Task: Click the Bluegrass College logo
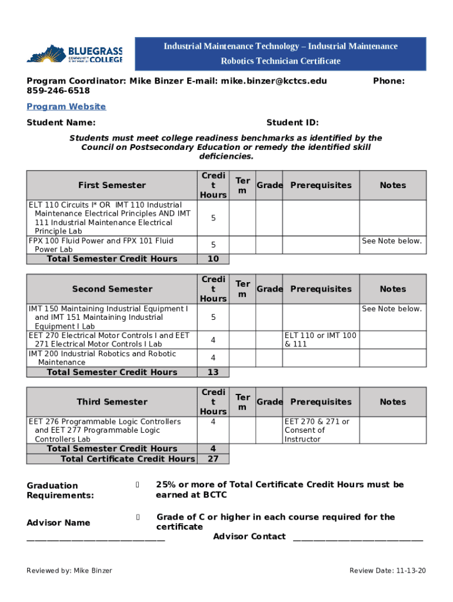click(75, 54)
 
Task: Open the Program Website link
click(66, 106)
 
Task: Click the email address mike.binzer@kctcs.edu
click(274, 81)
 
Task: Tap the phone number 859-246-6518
click(58, 91)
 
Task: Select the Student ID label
click(292, 122)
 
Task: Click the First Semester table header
click(112, 185)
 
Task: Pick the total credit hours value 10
click(213, 259)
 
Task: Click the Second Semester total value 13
click(213, 372)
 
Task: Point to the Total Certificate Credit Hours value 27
click(213, 459)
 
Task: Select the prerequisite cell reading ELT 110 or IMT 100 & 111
click(321, 340)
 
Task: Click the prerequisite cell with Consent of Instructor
click(321, 430)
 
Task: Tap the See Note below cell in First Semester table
click(392, 241)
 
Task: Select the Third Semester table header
click(112, 402)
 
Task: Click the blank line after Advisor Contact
click(358, 537)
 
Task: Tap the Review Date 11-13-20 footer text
click(387, 571)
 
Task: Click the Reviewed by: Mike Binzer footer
click(69, 571)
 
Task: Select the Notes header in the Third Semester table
click(392, 402)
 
